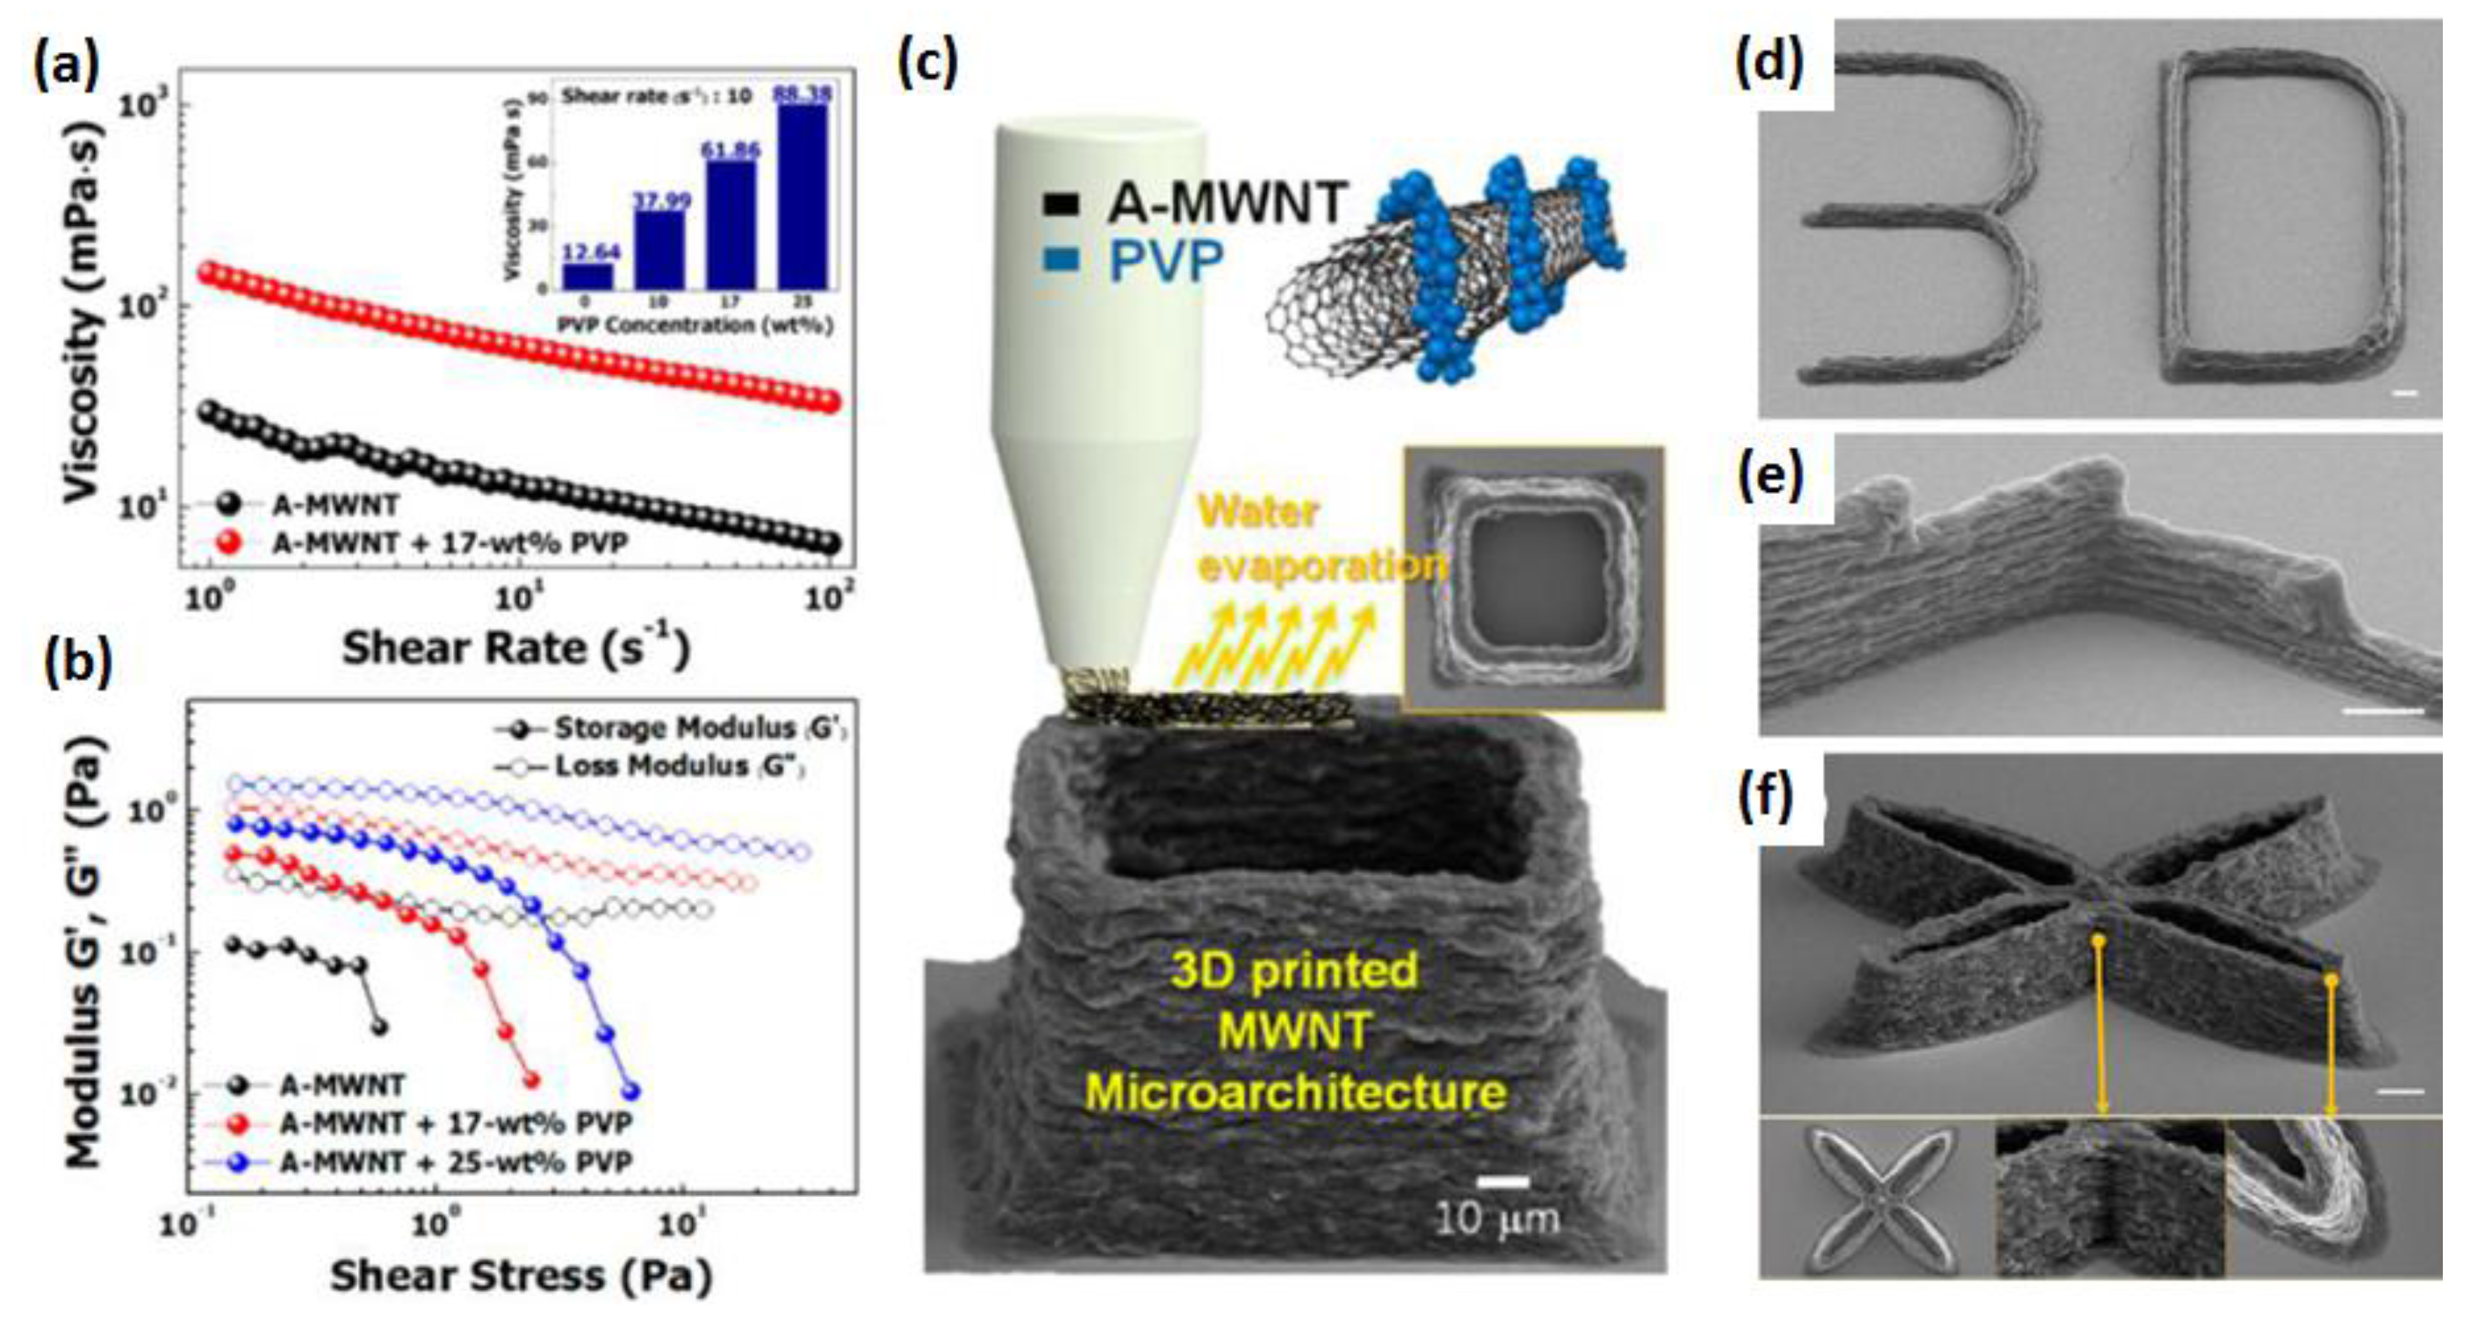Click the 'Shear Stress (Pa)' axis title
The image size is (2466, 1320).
click(521, 1276)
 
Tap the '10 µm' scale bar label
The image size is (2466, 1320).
click(1497, 1218)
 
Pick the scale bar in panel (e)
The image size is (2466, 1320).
click(2382, 711)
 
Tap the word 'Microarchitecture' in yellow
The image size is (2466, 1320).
click(1294, 1092)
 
